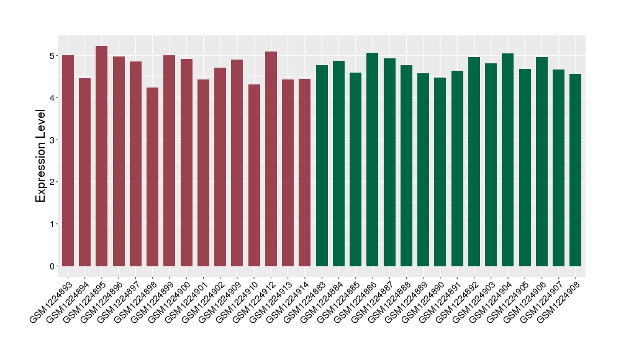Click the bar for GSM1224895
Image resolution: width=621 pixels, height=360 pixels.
[102, 156]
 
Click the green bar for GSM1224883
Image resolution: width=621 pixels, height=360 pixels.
[322, 166]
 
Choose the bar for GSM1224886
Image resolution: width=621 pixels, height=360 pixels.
[373, 160]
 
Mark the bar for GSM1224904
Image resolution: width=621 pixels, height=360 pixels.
[508, 160]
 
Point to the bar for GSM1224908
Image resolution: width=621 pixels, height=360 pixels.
[576, 170]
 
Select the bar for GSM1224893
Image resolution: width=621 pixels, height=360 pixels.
[68, 161]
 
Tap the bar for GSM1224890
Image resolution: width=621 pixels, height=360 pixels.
[440, 172]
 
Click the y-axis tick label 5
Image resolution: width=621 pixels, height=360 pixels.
[54, 56]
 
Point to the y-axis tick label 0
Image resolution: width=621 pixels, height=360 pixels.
[54, 266]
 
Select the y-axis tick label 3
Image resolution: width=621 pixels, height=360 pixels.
[54, 140]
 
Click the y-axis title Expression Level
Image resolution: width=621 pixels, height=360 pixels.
[41, 156]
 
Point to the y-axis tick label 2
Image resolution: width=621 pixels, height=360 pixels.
[54, 182]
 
